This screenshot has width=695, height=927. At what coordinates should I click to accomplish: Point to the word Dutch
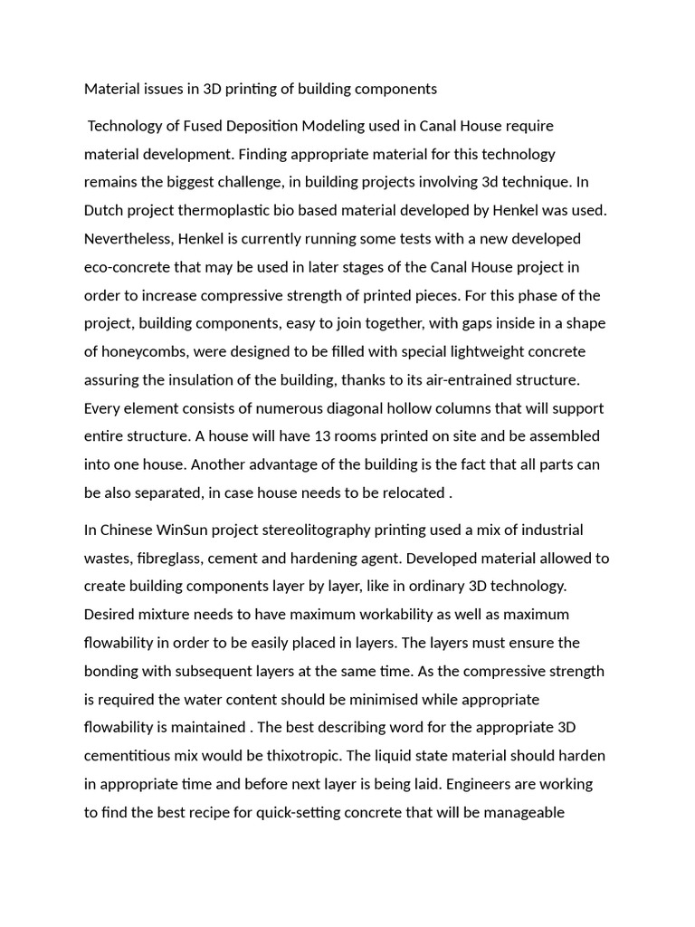point(104,210)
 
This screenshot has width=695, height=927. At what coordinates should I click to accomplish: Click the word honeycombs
point(145,351)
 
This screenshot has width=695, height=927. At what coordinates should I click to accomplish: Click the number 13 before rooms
point(322,435)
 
